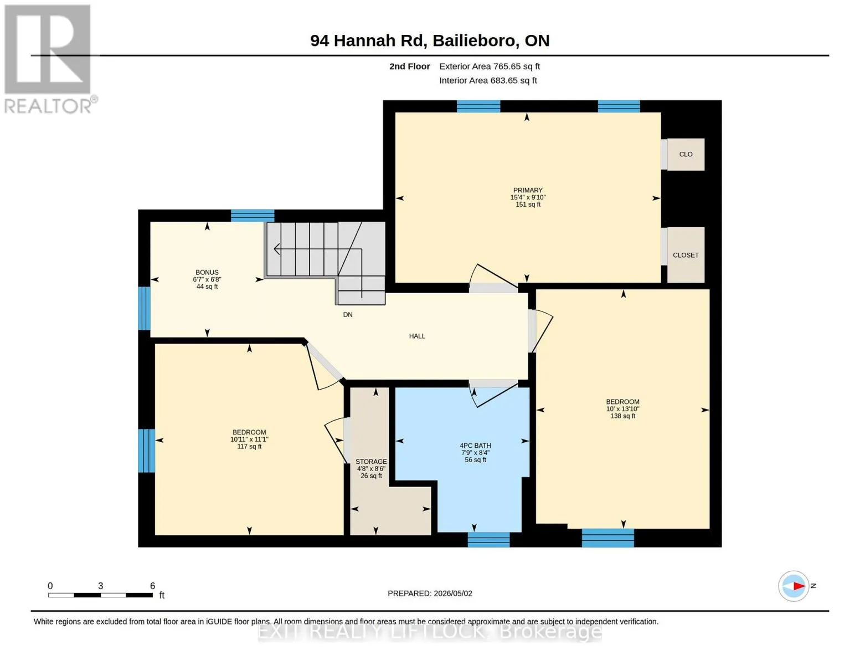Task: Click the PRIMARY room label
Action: point(528,190)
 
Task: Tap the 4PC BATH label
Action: point(475,446)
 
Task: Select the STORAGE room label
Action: point(371,462)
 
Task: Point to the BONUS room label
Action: point(207,272)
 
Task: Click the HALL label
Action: point(417,336)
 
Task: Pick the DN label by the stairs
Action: point(347,314)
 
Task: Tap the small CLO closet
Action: point(686,155)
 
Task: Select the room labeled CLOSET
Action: point(686,255)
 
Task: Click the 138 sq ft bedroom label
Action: point(622,409)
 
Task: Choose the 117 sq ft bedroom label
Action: point(249,439)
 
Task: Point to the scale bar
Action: point(101,595)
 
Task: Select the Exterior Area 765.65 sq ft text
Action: point(490,66)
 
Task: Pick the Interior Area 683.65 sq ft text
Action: point(488,80)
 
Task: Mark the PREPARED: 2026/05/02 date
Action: point(430,594)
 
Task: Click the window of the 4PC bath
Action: point(488,539)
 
